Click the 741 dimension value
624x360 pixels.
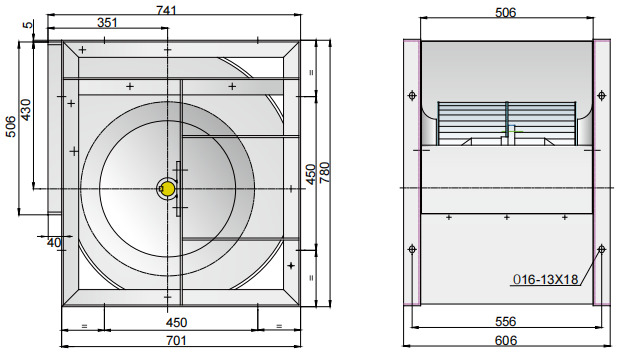pos(166,10)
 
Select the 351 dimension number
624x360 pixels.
pos(107,23)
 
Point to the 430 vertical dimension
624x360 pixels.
pos(25,110)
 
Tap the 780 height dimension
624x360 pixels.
pos(325,172)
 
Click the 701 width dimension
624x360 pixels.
pos(176,341)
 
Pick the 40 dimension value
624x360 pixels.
pos(54,242)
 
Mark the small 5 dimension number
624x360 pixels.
pos(27,25)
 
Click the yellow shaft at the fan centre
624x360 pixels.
pos(168,189)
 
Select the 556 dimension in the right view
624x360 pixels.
pos(505,321)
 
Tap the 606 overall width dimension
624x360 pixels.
pos(506,341)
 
